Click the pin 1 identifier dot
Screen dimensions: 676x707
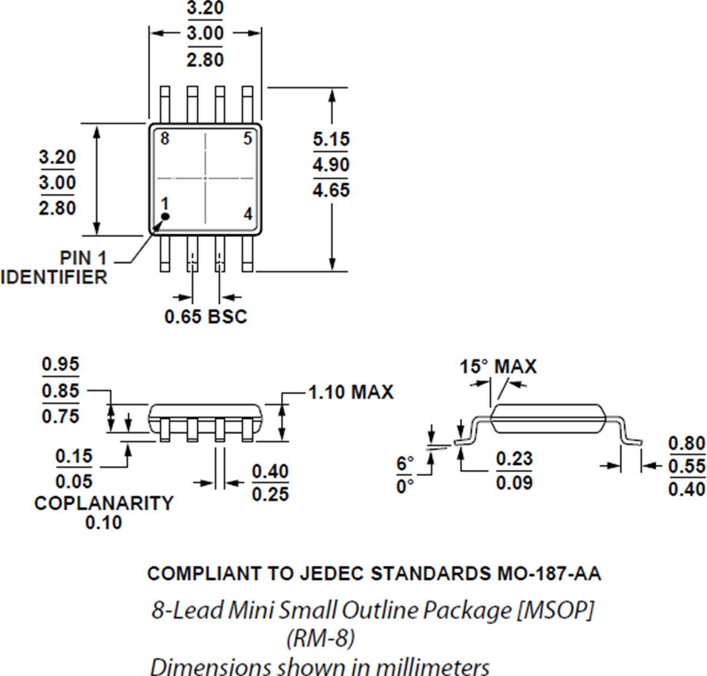[166, 216]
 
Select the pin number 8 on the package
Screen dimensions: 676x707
[165, 139]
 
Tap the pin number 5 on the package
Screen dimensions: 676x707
[248, 139]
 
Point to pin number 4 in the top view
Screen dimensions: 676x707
[248, 214]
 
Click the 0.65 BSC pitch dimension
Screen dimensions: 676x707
[206, 316]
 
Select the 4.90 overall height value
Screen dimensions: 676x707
[331, 164]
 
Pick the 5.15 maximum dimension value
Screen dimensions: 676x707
[331, 139]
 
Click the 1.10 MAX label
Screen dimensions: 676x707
[351, 392]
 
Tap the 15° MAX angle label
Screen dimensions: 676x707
[498, 367]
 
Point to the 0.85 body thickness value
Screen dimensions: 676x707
[60, 391]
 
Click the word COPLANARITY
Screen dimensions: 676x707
[104, 503]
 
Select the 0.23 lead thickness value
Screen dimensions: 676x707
[514, 458]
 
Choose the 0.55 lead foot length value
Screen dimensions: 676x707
[686, 466]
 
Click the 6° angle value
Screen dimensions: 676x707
[405, 464]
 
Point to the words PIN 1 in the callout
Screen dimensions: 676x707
[83, 258]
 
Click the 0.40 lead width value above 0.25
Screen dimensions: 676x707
[270, 471]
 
